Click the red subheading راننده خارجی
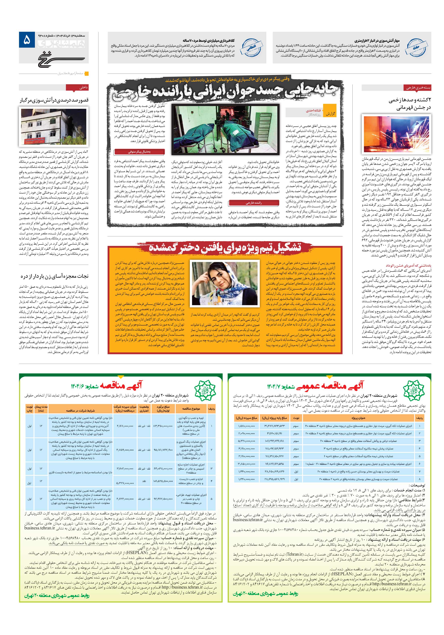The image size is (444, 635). pyautogui.click(x=253, y=203)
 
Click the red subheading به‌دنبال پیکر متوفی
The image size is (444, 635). pyautogui.click(x=139, y=152)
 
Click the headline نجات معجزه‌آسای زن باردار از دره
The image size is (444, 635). pyautogui.click(x=54, y=276)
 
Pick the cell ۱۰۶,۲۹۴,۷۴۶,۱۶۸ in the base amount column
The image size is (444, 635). pyautogui.click(x=274, y=441)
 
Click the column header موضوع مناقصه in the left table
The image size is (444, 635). pyautogui.click(x=191, y=409)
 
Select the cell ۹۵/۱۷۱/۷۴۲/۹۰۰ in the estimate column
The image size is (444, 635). pyautogui.click(x=163, y=450)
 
